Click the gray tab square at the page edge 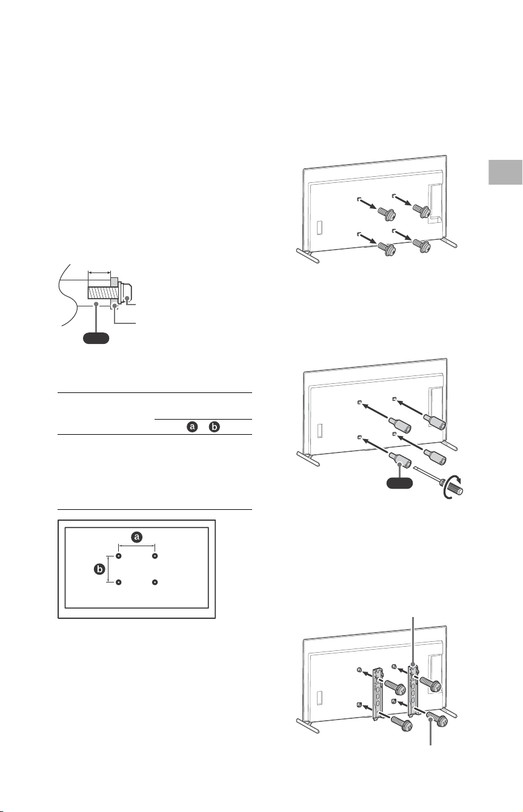505,172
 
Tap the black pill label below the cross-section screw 96,337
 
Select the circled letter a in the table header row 192,427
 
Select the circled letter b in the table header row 215,427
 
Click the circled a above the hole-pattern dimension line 137,537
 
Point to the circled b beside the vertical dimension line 99,569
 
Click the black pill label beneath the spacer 399,483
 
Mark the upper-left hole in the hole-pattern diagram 118,556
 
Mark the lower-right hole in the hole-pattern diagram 155,582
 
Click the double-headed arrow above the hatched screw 99,272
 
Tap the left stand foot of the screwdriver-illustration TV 308,458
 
